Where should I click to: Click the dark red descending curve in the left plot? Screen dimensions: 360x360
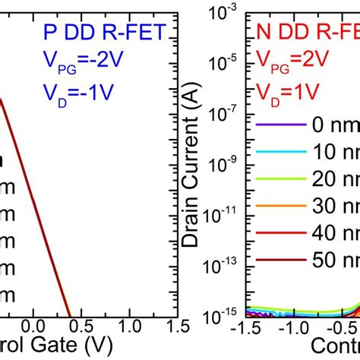(30, 190)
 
